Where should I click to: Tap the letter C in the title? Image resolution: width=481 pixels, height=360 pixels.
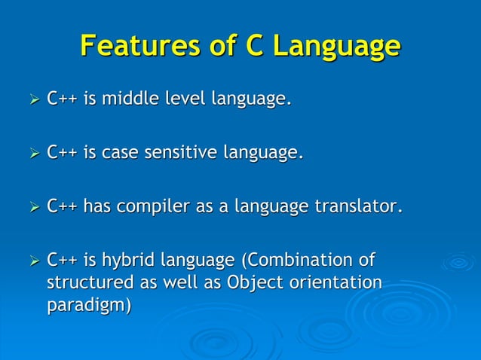(256, 46)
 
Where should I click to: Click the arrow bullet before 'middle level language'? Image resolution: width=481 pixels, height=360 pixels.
(31, 99)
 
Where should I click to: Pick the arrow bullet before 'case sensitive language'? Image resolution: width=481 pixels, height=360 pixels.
(31, 154)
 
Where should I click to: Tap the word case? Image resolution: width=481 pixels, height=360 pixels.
(115, 154)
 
